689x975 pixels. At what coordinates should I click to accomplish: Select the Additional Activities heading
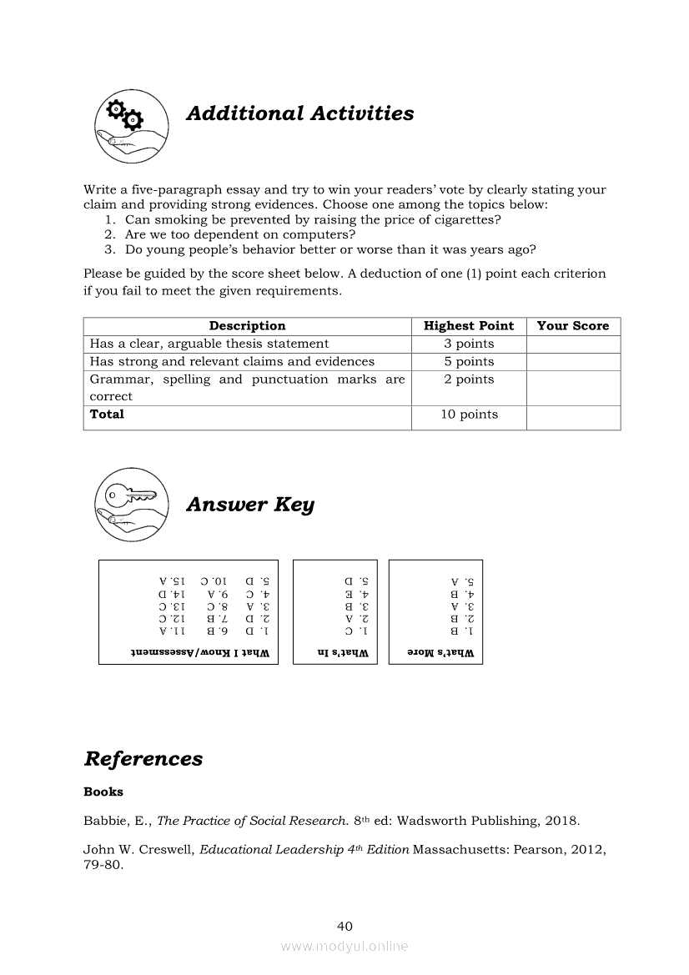(299, 113)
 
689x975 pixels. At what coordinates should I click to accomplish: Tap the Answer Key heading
(249, 505)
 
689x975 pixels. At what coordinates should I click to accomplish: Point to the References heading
(143, 759)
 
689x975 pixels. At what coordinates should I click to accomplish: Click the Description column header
(247, 326)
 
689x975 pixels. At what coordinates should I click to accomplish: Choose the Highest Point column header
(469, 326)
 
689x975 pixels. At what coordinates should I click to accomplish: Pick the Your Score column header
(573, 326)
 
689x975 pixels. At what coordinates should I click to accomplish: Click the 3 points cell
(469, 344)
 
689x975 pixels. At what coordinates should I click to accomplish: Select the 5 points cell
(469, 361)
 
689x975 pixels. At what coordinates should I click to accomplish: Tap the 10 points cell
(469, 415)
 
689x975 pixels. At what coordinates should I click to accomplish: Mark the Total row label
(107, 415)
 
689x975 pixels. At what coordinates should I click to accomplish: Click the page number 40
(344, 926)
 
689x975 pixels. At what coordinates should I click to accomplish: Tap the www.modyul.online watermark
(344, 947)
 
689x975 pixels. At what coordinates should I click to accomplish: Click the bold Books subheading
(103, 792)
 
